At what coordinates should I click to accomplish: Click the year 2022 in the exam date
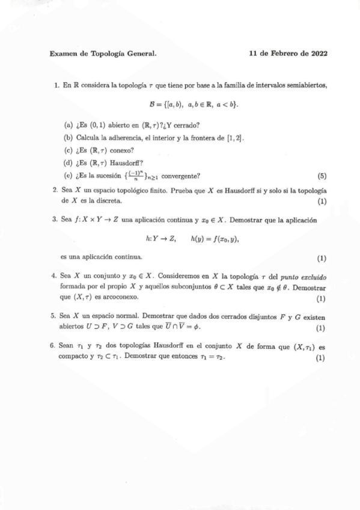click(317, 53)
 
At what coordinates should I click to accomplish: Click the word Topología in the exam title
click(108, 53)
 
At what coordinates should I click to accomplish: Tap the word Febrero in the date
click(285, 53)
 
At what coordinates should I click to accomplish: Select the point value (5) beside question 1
click(322, 176)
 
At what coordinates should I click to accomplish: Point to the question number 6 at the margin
click(55, 347)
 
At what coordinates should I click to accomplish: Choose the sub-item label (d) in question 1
click(68, 164)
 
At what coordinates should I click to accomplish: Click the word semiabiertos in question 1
click(307, 87)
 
